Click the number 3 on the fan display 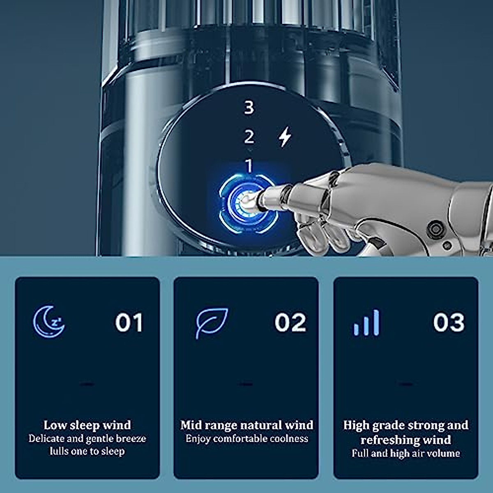[249, 107]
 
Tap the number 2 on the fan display [249, 137]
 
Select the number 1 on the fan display [249, 166]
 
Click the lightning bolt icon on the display [285, 136]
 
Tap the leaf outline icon [211, 323]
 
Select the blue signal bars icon [366, 323]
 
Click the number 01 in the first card [129, 323]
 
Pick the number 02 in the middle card [290, 323]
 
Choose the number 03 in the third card [449, 322]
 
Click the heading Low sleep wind [87, 425]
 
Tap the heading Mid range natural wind [246, 425]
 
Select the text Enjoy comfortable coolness [246, 439]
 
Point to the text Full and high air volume [405, 453]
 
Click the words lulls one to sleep [87, 451]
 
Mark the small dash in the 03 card [405, 385]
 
